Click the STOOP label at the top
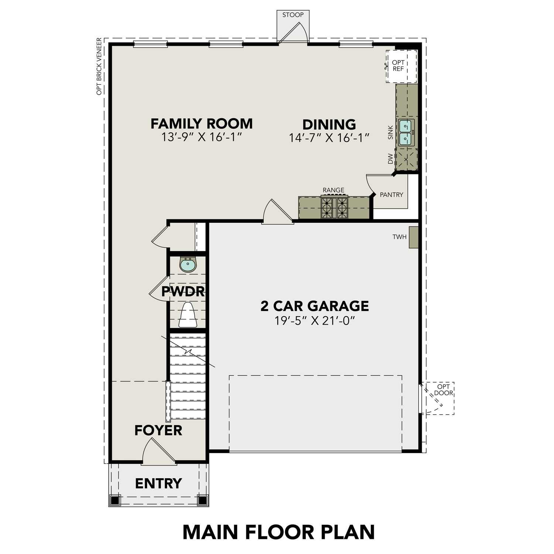click(x=293, y=15)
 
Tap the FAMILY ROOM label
click(x=202, y=124)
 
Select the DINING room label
click(x=329, y=124)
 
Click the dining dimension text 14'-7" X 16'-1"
click(x=329, y=138)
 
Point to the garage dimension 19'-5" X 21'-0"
click(x=315, y=320)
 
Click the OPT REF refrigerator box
click(x=401, y=66)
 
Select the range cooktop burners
click(x=334, y=208)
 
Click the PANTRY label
click(x=391, y=195)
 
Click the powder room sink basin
click(x=188, y=265)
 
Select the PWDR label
click(x=183, y=291)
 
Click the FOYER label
click(x=158, y=430)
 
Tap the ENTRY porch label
click(x=158, y=483)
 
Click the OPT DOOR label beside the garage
click(x=443, y=390)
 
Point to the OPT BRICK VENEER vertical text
click(x=99, y=66)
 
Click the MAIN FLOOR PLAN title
click(x=279, y=532)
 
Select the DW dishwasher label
click(x=390, y=159)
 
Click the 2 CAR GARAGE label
click(x=315, y=306)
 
